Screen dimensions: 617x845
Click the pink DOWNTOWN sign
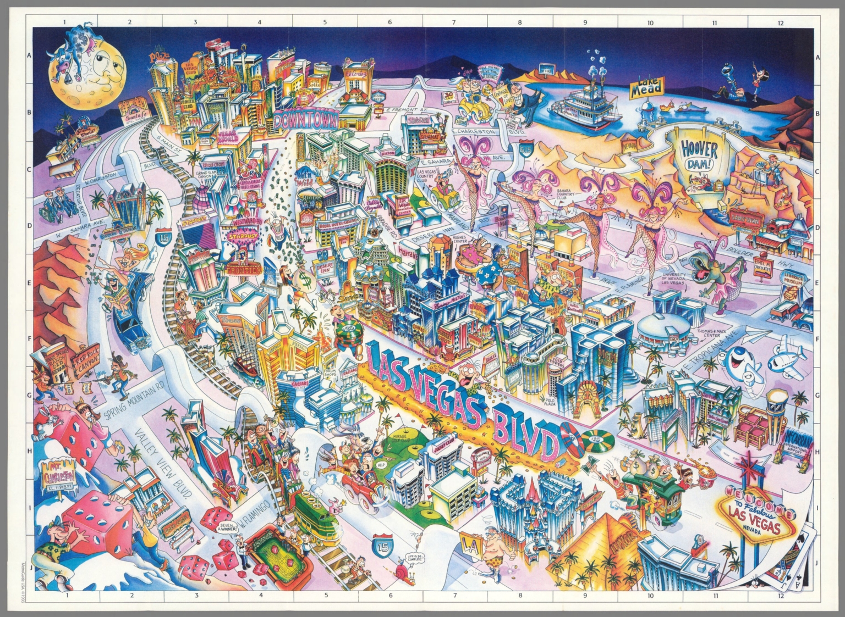tap(300, 119)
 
